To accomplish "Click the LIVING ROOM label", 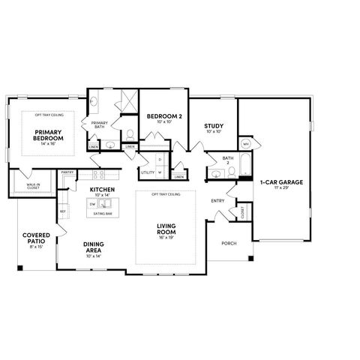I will pos(166,227).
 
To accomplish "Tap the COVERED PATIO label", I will pos(35,240).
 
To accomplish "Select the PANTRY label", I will pos(66,171).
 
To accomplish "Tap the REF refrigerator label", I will pos(63,212).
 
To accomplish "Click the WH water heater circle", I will pos(245,143).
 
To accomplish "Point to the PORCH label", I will pos(229,244).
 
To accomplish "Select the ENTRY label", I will pos(218,200).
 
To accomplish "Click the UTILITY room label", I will pos(147,172).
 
